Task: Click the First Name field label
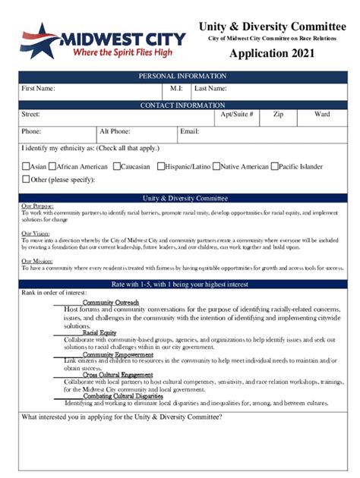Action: coord(38,89)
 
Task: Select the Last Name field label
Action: coord(212,89)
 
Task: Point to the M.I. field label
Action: coord(176,89)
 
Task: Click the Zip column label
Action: coord(279,115)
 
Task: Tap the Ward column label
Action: coord(323,115)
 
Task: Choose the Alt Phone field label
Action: coord(115,131)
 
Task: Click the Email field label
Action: coord(189,131)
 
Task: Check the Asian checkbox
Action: coord(26,166)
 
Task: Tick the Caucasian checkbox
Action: coord(117,166)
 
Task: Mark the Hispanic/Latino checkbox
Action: coord(161,166)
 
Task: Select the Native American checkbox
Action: coord(216,166)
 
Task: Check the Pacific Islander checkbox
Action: coord(274,166)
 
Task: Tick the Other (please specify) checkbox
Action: coord(26,180)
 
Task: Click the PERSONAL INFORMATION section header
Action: coord(182,76)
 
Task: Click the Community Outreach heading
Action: coord(111,303)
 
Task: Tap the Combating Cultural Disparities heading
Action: coord(123,396)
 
